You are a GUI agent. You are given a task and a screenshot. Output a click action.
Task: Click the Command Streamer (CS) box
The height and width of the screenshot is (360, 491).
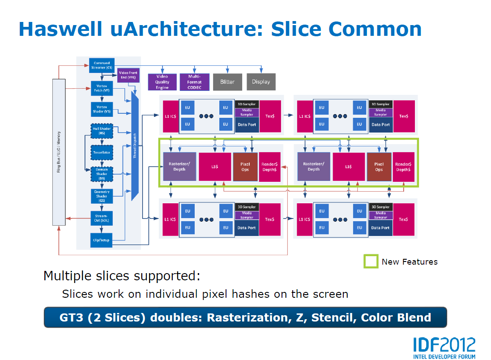(x=102, y=65)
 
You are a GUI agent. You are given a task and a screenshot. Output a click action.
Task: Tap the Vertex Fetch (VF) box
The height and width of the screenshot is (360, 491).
(x=102, y=88)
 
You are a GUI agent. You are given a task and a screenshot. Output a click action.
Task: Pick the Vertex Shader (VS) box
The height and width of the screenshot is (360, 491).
(x=102, y=109)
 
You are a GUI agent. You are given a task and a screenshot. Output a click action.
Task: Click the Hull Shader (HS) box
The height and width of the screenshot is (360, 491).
(x=102, y=131)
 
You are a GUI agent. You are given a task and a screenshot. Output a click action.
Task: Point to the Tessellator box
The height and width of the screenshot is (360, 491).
(x=102, y=152)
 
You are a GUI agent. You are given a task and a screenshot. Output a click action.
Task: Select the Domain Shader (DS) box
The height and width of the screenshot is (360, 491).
(x=102, y=173)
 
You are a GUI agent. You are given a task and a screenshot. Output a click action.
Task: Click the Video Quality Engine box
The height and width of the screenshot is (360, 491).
(x=162, y=82)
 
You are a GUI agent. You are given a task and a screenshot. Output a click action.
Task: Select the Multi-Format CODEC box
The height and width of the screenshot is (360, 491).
(x=194, y=82)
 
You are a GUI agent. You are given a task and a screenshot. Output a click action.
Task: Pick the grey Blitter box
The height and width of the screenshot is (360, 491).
(x=227, y=82)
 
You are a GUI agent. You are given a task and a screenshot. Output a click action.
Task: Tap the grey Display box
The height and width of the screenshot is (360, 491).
(x=261, y=82)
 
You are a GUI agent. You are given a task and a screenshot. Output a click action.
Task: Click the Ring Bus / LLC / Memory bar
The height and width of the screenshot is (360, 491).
(x=59, y=152)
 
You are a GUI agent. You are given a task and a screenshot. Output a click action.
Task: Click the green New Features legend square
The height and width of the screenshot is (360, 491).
(x=371, y=261)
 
